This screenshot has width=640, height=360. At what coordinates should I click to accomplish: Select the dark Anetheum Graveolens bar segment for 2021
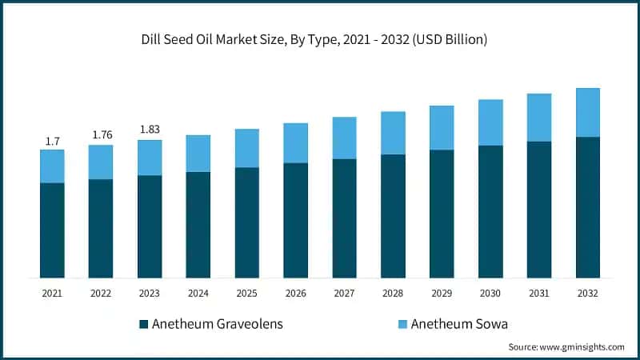[x=52, y=230]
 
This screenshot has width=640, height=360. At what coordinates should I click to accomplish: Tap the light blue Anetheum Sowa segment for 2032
[x=588, y=113]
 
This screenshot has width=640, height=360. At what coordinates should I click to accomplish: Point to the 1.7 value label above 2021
[x=52, y=142]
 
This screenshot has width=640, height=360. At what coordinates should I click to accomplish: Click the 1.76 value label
[x=102, y=134]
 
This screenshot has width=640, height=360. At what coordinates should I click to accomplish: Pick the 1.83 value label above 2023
[x=150, y=130]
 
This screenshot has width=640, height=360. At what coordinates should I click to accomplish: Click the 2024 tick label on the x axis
[x=198, y=294]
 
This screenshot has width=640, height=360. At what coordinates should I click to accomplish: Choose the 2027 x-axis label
[x=345, y=294]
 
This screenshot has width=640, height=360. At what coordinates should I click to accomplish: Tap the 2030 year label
[x=490, y=294]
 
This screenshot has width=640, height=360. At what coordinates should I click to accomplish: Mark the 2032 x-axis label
[x=588, y=294]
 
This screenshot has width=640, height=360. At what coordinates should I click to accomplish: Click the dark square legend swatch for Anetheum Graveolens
[x=144, y=324]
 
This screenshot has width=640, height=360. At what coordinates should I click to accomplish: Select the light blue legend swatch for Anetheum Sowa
[x=403, y=324]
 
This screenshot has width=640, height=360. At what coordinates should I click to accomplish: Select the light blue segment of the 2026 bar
[x=296, y=143]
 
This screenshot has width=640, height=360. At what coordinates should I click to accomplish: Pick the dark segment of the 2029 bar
[x=442, y=214]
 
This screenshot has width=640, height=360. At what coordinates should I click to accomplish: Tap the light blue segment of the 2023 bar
[x=150, y=158]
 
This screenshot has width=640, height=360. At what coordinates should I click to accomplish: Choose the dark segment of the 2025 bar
[x=247, y=222]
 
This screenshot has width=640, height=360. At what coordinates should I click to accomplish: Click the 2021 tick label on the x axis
[x=52, y=294]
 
